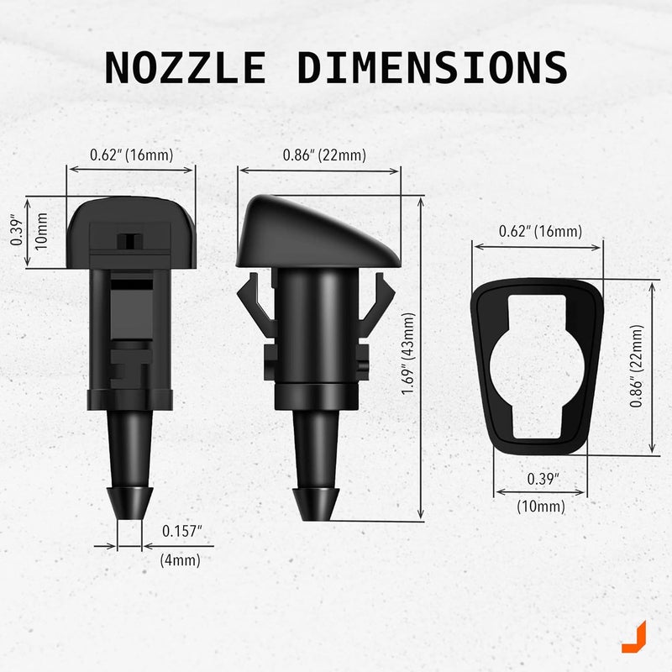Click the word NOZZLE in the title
point(185,67)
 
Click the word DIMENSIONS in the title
point(433,67)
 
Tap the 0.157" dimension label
point(181,531)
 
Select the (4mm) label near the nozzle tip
point(180,559)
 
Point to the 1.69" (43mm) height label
point(408,353)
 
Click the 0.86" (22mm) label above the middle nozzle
point(324,155)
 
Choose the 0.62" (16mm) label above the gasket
point(540,232)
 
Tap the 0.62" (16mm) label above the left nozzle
point(132,155)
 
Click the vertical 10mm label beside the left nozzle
point(41,232)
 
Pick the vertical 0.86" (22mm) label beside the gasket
point(637,365)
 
